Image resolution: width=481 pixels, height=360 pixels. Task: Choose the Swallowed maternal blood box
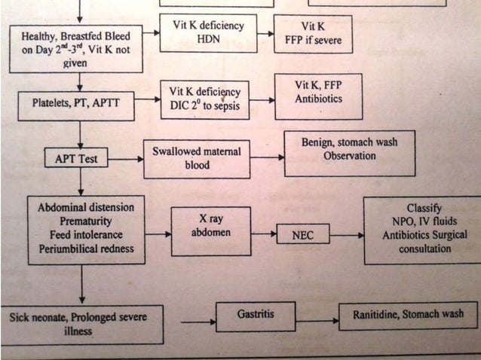196,158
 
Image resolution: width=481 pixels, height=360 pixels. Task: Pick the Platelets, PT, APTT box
75,106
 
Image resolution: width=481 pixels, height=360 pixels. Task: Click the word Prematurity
85,221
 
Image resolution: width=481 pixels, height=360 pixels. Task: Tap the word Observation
349,155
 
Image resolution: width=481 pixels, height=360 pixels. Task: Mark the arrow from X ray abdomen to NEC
263,235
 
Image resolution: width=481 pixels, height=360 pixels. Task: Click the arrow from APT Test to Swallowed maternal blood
126,159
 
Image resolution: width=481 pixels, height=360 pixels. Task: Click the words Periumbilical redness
86,249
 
